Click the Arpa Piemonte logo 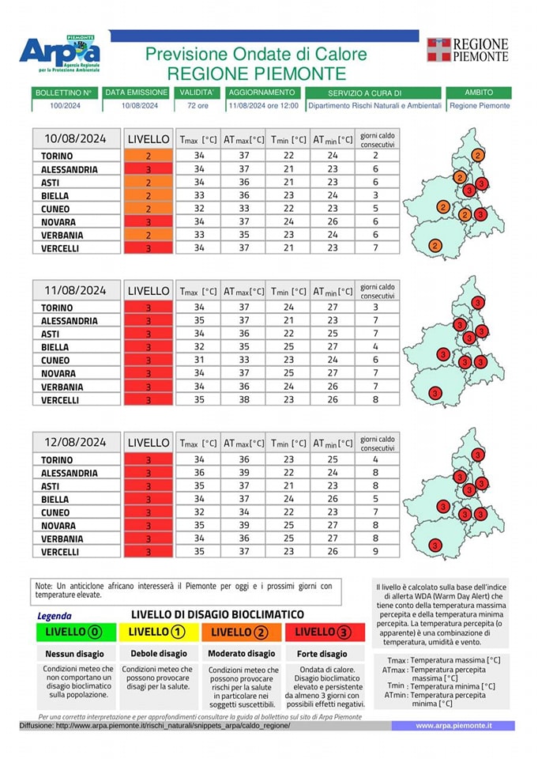[60, 54]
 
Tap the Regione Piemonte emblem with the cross [438, 50]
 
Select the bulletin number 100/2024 [66, 105]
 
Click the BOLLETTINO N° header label [65, 93]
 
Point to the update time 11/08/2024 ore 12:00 [264, 105]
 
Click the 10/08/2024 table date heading [76, 139]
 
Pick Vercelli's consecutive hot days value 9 [376, 551]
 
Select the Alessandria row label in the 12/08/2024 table [70, 473]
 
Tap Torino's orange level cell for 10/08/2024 [149, 156]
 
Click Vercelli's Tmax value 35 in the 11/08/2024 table [199, 400]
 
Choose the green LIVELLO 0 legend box [76, 632]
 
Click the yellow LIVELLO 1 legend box [159, 632]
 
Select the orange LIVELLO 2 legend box [242, 632]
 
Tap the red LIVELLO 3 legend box [325, 632]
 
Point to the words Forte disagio [322, 654]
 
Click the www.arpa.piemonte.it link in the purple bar [453, 726]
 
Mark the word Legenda [55, 616]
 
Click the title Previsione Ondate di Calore [257, 54]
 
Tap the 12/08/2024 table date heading [76, 442]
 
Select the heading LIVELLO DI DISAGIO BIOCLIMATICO [218, 615]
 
